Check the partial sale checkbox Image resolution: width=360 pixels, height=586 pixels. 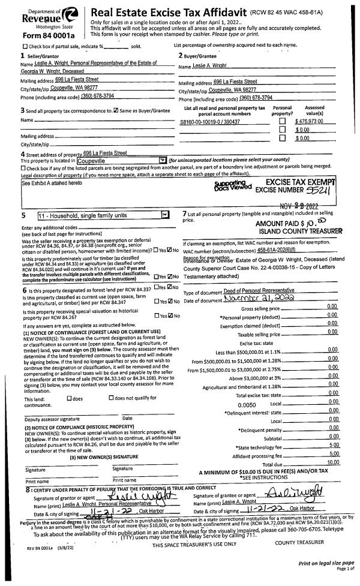coord(25,46)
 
